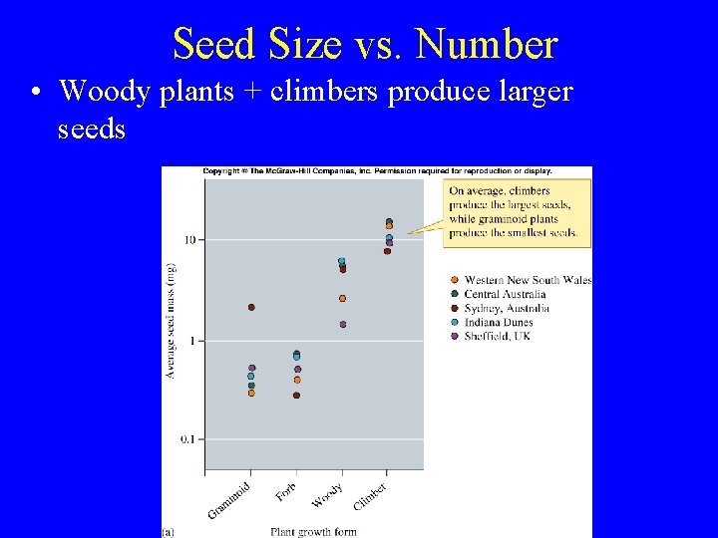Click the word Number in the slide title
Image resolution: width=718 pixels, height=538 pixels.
[x=486, y=45]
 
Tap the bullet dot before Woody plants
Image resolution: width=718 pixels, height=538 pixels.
[x=35, y=93]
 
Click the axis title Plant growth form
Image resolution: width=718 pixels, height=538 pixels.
[x=312, y=531]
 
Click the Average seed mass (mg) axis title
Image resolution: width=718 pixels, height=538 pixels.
[x=171, y=320]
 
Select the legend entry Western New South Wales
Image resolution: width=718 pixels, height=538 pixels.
[x=527, y=280]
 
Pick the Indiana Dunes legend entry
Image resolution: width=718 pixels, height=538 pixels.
[x=498, y=322]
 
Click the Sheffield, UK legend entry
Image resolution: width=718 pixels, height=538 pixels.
[x=497, y=336]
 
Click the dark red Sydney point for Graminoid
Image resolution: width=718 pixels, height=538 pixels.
[x=251, y=307]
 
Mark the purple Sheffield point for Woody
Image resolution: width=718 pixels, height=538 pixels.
[x=343, y=324]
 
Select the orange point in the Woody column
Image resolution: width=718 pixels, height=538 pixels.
[x=342, y=298]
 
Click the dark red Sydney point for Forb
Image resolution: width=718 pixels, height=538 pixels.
[x=296, y=396]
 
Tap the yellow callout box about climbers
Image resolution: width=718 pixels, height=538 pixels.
[x=518, y=212]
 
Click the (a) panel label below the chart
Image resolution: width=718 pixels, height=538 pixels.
[x=169, y=532]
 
